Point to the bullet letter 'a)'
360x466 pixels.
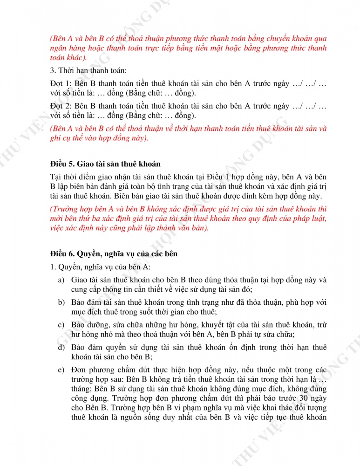coord(61,280)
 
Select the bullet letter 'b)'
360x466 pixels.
coord(61,302)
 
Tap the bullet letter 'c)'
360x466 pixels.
coord(61,325)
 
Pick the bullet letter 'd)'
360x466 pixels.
coord(61,347)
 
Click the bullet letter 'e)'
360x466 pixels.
coord(61,370)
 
